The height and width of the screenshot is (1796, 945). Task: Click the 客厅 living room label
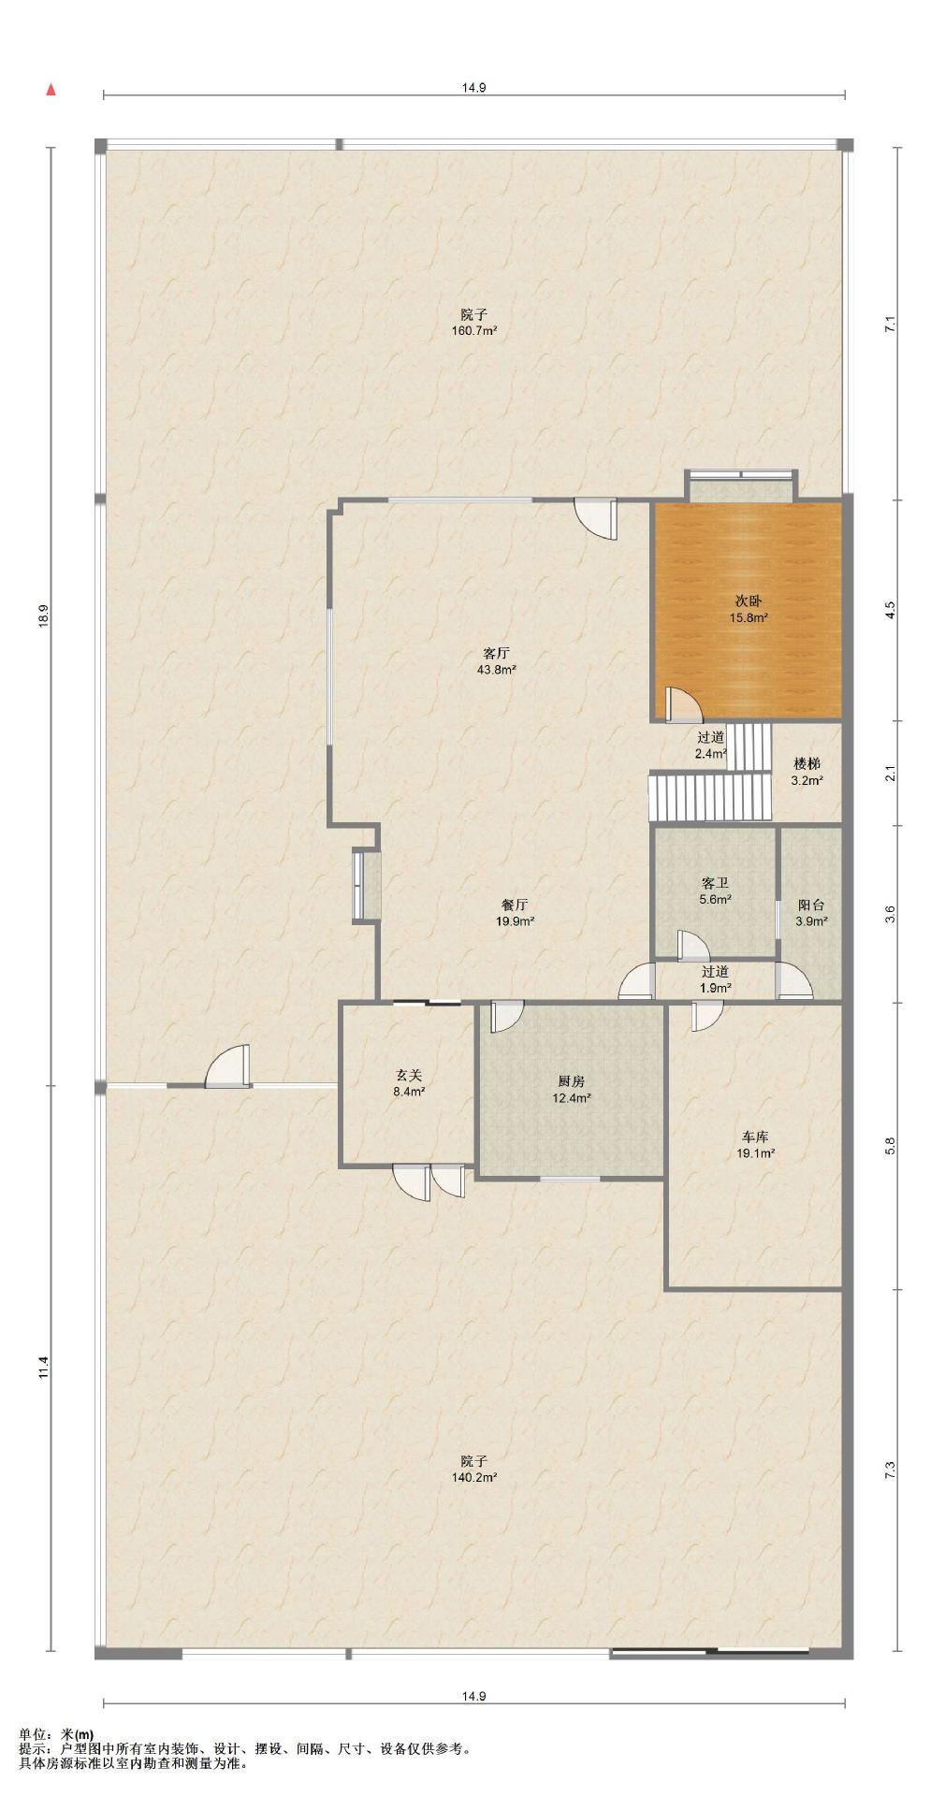click(x=496, y=652)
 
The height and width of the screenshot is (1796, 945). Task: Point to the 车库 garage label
click(x=755, y=1137)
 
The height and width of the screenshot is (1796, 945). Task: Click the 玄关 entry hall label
click(x=408, y=1075)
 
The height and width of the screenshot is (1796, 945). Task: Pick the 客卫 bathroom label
click(x=715, y=882)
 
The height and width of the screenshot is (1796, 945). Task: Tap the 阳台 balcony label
click(x=811, y=905)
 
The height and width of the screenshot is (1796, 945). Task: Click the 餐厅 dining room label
click(x=515, y=905)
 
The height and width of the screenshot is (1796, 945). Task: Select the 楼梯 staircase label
click(x=807, y=763)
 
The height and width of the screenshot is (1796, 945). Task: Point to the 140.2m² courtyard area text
click(x=473, y=1477)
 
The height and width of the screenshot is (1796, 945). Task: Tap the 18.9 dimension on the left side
click(x=42, y=616)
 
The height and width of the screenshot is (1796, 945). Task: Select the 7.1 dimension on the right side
click(x=890, y=325)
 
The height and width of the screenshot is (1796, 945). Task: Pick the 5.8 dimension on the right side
click(x=890, y=1146)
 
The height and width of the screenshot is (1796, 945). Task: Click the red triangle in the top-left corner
click(x=51, y=90)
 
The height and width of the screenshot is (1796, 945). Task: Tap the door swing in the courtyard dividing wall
click(x=227, y=1066)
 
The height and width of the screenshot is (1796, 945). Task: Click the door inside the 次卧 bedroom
click(x=682, y=704)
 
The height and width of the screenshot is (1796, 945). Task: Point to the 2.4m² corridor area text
click(x=712, y=753)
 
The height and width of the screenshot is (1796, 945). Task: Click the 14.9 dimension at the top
click(x=473, y=88)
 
